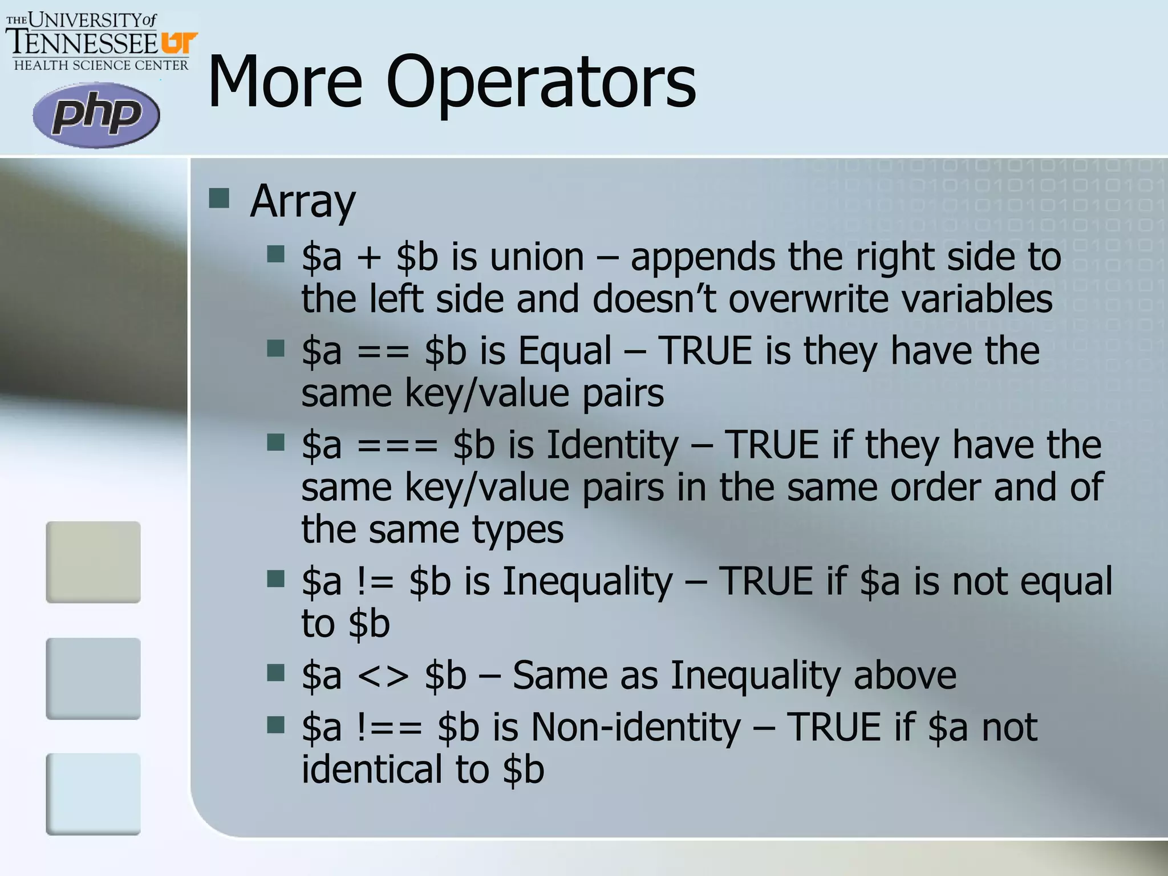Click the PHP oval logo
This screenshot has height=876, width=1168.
point(96,115)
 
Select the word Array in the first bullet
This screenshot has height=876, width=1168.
point(303,201)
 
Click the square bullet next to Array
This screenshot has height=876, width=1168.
point(219,198)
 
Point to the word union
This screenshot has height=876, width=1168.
point(537,257)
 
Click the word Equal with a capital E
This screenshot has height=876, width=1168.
point(565,350)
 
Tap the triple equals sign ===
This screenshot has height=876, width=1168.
point(398,445)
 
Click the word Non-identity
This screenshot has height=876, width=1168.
point(635,727)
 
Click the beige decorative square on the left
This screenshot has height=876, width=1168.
point(93,561)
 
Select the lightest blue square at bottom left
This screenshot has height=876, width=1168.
point(93,794)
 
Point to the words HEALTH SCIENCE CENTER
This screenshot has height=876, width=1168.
point(101,66)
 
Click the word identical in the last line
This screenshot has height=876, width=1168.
point(371,769)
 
